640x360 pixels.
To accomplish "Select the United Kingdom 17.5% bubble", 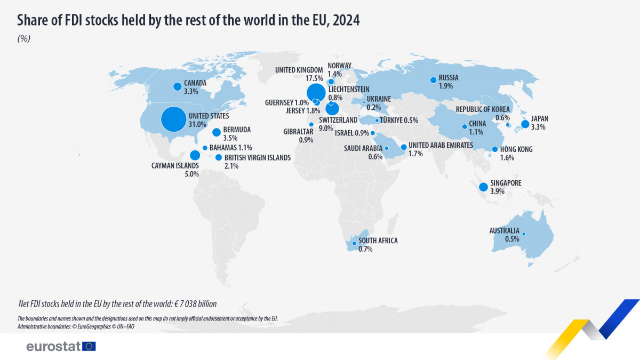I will tap(316, 92).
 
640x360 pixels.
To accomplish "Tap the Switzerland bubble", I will tap(332, 108).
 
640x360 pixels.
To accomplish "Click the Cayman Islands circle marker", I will tap(195, 155).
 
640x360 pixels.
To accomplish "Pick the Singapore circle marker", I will tap(483, 187).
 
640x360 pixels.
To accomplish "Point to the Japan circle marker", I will tap(525, 124).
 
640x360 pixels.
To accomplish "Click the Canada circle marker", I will tap(177, 86).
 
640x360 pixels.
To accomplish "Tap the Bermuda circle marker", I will tap(217, 132).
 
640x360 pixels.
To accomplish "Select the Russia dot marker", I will tap(433, 80).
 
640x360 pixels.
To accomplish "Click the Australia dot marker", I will tap(524, 234).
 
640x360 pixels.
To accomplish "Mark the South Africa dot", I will tap(354, 243).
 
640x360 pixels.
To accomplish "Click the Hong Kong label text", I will tap(516, 150).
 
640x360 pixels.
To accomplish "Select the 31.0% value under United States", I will tap(197, 124).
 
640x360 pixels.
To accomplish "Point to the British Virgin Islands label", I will tap(257, 157).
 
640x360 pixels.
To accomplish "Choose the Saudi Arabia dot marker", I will tap(387, 148).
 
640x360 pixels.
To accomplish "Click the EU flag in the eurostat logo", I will tap(89, 346).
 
